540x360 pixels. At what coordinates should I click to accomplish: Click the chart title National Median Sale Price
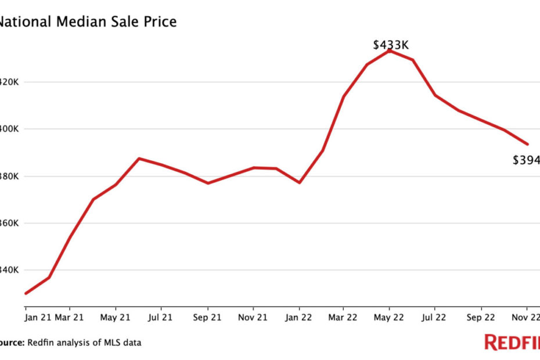click(87, 22)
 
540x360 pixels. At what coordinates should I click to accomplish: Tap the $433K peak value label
click(390, 44)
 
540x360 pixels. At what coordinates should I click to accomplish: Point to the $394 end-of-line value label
click(526, 160)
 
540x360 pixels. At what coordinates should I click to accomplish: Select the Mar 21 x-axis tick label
click(70, 318)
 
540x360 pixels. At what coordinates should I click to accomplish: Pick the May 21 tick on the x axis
click(116, 318)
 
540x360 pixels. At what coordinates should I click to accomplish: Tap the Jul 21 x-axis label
click(161, 318)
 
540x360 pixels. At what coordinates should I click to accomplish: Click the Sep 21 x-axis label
click(207, 318)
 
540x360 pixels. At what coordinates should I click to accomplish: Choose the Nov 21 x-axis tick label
click(253, 318)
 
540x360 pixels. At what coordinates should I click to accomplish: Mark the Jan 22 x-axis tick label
click(299, 318)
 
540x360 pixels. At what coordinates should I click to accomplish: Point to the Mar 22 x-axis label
click(343, 318)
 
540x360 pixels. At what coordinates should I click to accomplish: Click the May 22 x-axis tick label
click(390, 318)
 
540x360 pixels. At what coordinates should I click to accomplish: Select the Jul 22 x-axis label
click(435, 318)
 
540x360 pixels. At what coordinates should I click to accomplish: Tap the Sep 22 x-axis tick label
click(481, 318)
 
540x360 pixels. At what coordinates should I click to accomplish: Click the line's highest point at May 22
click(390, 51)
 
